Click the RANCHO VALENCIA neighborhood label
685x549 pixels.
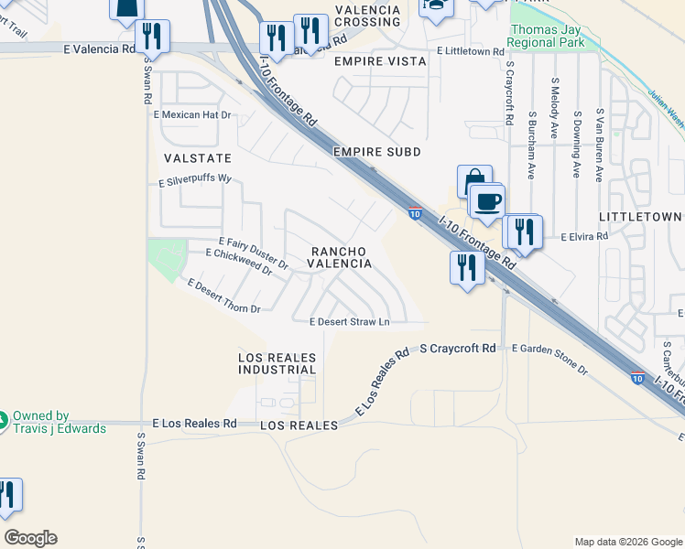click(x=339, y=257)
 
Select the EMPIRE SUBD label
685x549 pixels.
click(x=377, y=151)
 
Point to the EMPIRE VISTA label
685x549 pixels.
click(x=380, y=61)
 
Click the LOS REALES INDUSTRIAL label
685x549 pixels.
click(x=277, y=363)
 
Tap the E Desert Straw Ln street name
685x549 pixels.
click(x=350, y=322)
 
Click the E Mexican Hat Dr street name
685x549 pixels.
click(x=192, y=115)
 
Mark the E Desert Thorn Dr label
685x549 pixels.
click(x=223, y=296)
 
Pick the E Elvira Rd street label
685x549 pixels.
click(x=578, y=236)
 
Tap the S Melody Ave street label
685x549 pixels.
click(x=555, y=108)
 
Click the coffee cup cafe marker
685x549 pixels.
click(x=487, y=200)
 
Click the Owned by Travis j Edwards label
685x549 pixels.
click(x=60, y=422)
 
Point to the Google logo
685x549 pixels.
click(x=30, y=538)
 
